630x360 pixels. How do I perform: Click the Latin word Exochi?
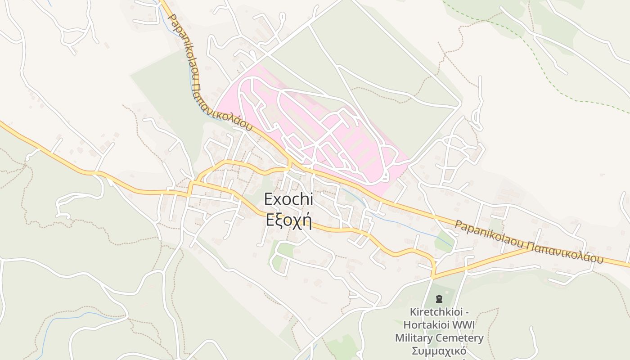288,199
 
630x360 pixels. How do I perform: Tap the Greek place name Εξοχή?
288,220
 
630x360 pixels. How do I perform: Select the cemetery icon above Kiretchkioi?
439,298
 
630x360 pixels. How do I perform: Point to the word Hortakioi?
425,324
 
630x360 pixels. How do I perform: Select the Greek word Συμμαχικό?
439,351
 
